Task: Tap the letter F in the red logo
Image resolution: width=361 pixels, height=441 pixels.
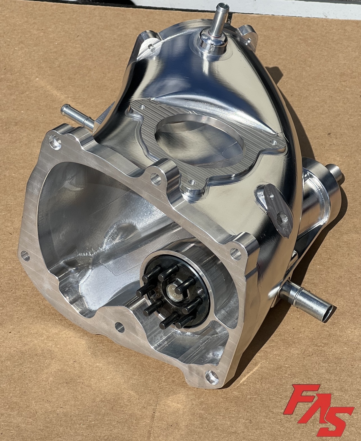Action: coord(301,401)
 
